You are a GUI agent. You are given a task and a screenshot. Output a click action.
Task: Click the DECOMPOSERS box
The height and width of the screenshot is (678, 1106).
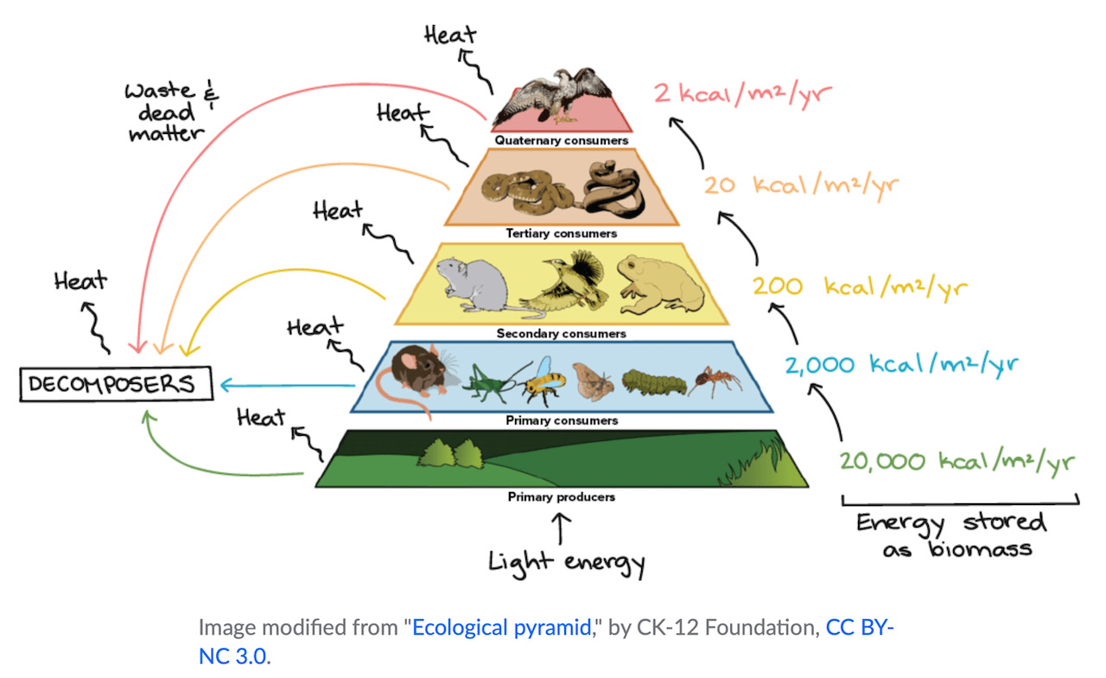[117, 383]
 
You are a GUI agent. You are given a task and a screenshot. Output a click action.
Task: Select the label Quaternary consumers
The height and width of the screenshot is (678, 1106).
[562, 140]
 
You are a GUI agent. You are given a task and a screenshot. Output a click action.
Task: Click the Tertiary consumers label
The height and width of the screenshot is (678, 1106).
[562, 233]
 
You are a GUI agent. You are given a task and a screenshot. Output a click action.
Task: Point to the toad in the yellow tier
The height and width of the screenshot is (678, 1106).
[660, 285]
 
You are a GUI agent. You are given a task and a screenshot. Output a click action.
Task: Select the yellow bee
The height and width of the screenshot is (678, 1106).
[543, 381]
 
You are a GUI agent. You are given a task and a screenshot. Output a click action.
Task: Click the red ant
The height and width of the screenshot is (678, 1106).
[715, 381]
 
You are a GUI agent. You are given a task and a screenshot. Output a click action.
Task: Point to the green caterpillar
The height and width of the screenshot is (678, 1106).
[653, 382]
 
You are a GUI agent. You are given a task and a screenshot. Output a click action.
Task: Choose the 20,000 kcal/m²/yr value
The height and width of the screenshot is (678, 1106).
[957, 462]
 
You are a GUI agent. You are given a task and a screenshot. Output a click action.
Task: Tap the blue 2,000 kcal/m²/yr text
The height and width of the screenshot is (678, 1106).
[901, 366]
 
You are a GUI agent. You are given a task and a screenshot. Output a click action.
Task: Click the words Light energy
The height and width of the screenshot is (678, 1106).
[567, 563]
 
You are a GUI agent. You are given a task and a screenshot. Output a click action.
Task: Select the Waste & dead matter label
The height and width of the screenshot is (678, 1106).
[171, 112]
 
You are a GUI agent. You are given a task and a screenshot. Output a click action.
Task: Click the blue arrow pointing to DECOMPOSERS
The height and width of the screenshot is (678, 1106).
[288, 385]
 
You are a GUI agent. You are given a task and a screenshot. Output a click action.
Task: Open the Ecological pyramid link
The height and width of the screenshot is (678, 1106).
[502, 628]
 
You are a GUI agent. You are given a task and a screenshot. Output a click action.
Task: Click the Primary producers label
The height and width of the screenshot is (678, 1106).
[562, 497]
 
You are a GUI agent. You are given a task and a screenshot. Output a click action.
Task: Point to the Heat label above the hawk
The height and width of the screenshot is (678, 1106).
[450, 35]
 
